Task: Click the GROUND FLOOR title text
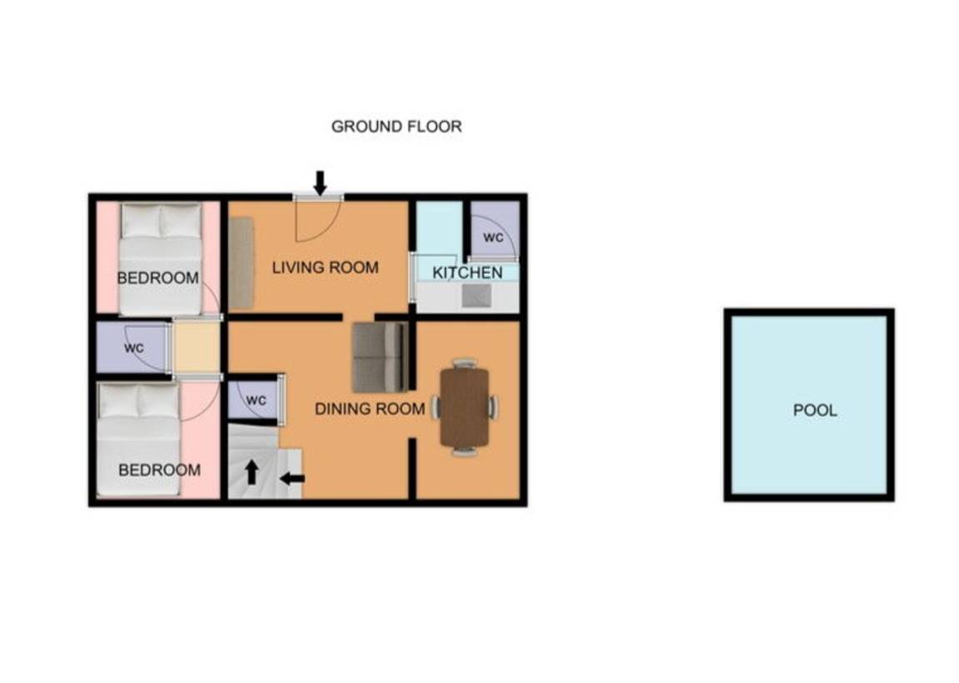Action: [396, 127]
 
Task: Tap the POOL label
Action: [815, 410]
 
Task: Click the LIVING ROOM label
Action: [325, 267]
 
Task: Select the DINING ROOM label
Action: [370, 409]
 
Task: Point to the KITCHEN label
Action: [467, 272]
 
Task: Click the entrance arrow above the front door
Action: [320, 183]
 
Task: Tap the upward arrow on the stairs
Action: [251, 472]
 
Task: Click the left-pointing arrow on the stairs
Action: [292, 478]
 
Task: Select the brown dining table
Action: [465, 407]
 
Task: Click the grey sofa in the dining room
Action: [380, 357]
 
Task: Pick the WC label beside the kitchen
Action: [493, 237]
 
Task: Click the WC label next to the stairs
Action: [256, 401]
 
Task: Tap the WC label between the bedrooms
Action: [134, 348]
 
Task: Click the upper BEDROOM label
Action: [158, 278]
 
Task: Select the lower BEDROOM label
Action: [160, 470]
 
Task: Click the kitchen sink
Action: [476, 297]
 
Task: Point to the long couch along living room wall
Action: [241, 263]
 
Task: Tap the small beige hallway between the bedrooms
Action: [196, 347]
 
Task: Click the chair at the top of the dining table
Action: [465, 363]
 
